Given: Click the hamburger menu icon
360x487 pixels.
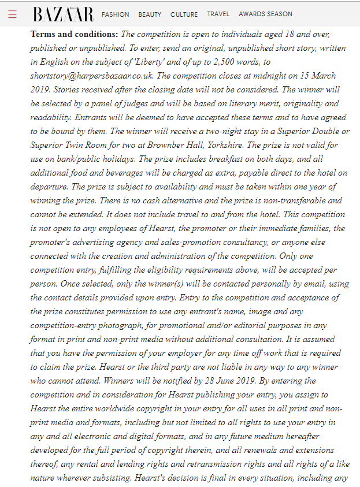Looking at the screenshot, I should pyautogui.click(x=13, y=14).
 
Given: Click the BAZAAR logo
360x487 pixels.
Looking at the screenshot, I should pyautogui.click(x=63, y=14).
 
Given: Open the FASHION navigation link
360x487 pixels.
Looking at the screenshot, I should pyautogui.click(x=116, y=14).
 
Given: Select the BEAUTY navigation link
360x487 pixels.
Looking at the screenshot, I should pyautogui.click(x=150, y=14).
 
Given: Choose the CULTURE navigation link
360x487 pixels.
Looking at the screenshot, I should pyautogui.click(x=184, y=14).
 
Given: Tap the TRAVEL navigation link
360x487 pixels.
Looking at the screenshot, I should pyautogui.click(x=218, y=14).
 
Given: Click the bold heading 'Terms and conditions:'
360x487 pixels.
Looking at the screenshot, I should pyautogui.click(x=74, y=35).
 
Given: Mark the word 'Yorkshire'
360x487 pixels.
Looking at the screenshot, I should pyautogui.click(x=222, y=145).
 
